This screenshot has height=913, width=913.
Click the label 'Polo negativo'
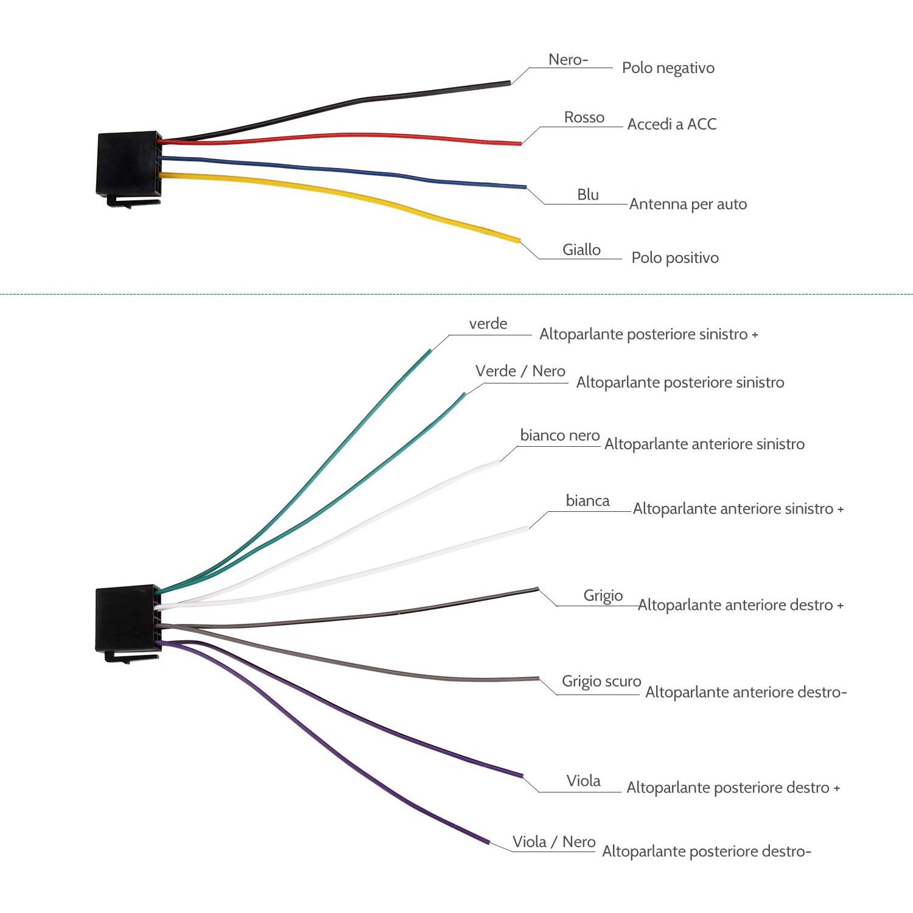668,68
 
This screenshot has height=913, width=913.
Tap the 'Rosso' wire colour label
584,117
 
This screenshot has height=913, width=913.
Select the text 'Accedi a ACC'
672,124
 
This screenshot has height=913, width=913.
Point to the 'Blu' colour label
588,195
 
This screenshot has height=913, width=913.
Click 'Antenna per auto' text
688,204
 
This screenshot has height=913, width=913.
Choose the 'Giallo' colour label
581,250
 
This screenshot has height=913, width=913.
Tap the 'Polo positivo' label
675,258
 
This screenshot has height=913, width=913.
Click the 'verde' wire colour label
488,324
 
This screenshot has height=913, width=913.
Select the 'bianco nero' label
560,436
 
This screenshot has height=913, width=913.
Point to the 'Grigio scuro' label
601,682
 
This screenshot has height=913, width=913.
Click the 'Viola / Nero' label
554,842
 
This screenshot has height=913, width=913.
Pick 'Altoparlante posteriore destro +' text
733,788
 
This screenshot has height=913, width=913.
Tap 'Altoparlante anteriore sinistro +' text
738,509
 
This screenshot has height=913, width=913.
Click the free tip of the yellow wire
519,241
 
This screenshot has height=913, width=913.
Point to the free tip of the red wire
520,144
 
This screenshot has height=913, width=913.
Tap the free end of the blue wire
526,187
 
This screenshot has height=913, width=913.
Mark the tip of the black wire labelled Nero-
509,82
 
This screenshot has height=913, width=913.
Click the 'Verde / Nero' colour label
520,371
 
